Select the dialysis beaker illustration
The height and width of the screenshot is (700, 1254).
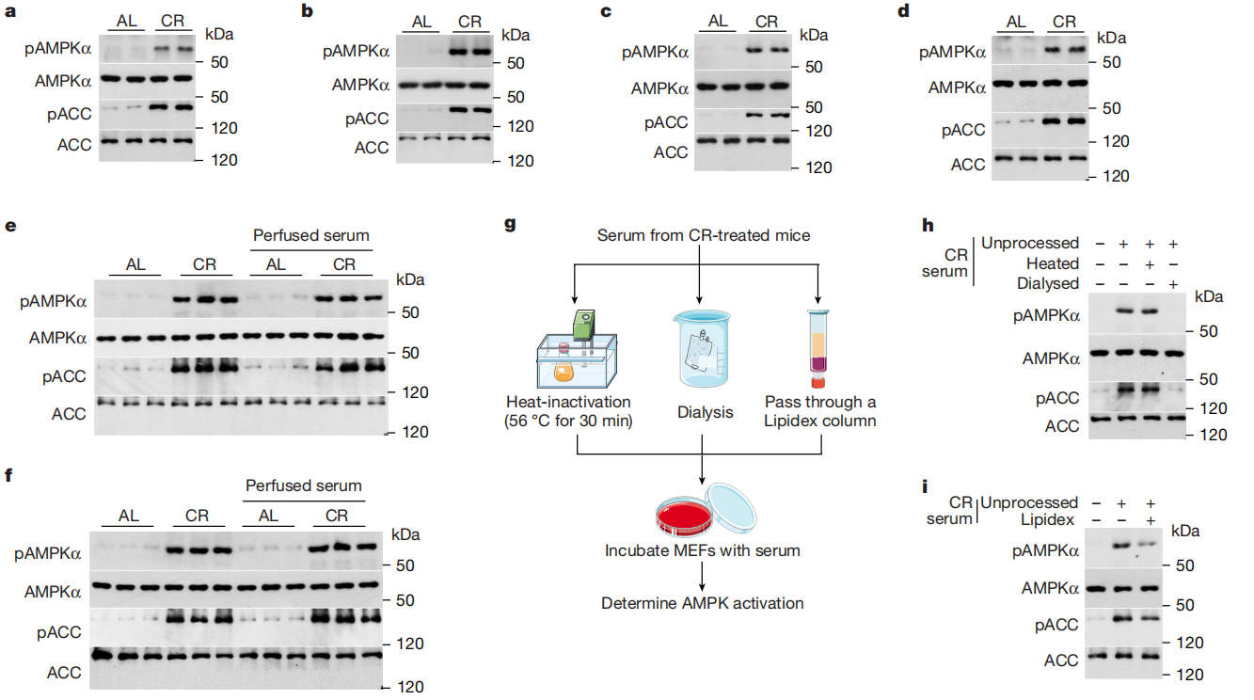[698, 348]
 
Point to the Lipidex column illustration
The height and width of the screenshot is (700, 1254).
[817, 348]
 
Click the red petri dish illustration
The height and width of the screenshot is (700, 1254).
[691, 513]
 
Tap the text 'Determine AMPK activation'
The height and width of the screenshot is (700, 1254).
[703, 602]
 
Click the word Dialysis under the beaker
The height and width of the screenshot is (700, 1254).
[705, 412]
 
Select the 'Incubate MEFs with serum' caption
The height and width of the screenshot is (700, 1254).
[703, 549]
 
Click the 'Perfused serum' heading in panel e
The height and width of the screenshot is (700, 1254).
[311, 234]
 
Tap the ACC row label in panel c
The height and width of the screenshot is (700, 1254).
[672, 152]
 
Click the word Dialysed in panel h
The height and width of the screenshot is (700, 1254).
[1048, 282]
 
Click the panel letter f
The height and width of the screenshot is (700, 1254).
[8, 473]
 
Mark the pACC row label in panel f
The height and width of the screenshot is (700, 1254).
[60, 631]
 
